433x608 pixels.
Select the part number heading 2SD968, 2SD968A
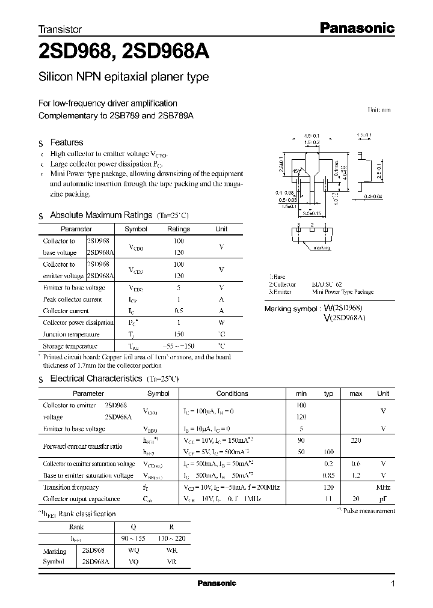click(123, 52)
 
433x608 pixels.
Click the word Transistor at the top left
click(60, 29)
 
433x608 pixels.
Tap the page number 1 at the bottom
click(393, 584)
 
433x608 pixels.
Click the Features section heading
click(66, 142)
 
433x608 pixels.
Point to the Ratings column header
click(178, 229)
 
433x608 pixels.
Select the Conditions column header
click(232, 394)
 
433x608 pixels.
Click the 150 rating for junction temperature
click(178, 335)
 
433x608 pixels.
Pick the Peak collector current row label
click(72, 299)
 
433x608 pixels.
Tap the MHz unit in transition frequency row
click(382, 487)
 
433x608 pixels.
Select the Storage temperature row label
click(70, 346)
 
